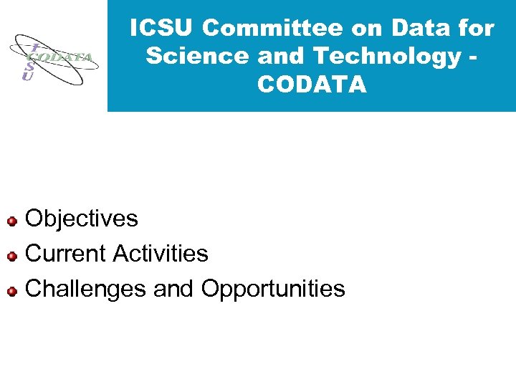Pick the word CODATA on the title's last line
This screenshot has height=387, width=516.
(312, 85)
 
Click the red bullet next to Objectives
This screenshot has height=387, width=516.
(11, 220)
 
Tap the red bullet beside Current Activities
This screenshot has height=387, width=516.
(11, 255)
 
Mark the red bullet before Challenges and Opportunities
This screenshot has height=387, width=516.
(11, 291)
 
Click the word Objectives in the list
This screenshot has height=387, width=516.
(82, 219)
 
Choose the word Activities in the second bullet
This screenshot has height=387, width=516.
(161, 254)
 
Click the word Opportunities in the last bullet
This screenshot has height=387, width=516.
(273, 289)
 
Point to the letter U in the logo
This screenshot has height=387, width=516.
(27, 76)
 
